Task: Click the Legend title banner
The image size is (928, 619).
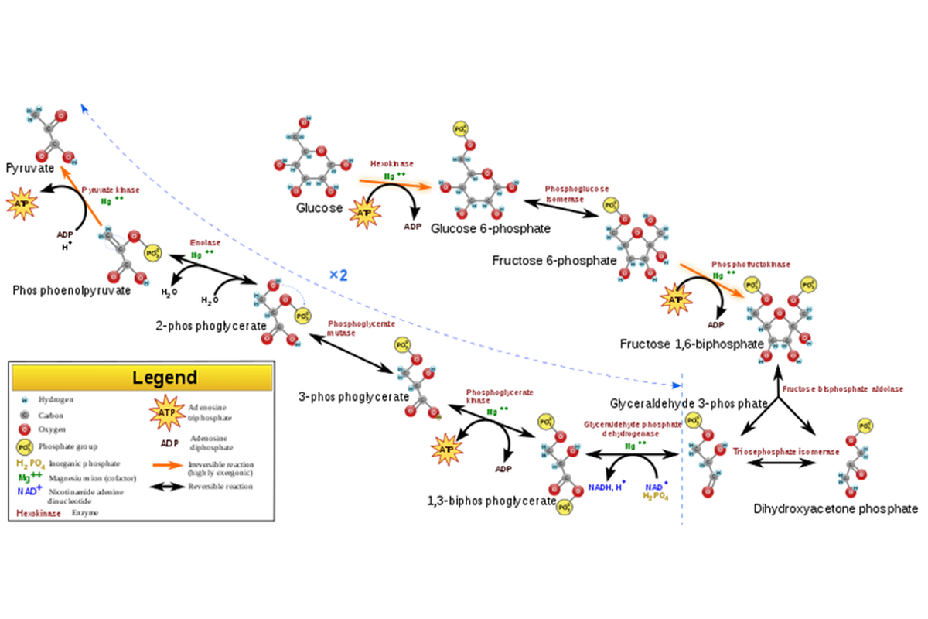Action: coord(142,378)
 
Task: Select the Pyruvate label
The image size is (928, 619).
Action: coord(30,167)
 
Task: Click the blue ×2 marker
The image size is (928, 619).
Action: coord(338,275)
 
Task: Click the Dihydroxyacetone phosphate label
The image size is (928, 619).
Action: coord(836,509)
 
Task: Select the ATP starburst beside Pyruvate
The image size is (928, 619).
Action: coord(21,203)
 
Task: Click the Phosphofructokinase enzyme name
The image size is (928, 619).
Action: coord(750,264)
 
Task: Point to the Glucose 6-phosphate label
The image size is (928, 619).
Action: coord(491,229)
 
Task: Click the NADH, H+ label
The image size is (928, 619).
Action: coord(607,486)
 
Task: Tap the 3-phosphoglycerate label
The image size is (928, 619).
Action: coord(353,397)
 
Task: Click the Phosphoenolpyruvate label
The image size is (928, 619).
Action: coord(72,290)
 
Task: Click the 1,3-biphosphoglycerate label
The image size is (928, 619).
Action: coord(492,501)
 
